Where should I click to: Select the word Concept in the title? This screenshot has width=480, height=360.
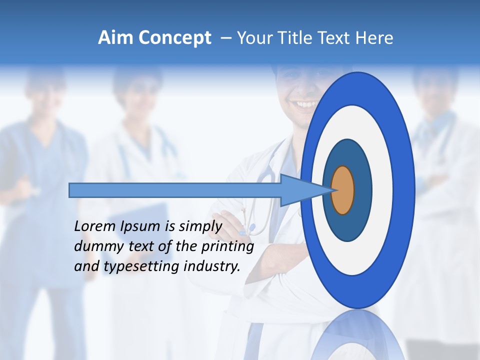(x=174, y=38)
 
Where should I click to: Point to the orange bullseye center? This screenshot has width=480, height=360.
(x=343, y=190)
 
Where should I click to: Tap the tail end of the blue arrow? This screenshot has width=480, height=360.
(x=71, y=190)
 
